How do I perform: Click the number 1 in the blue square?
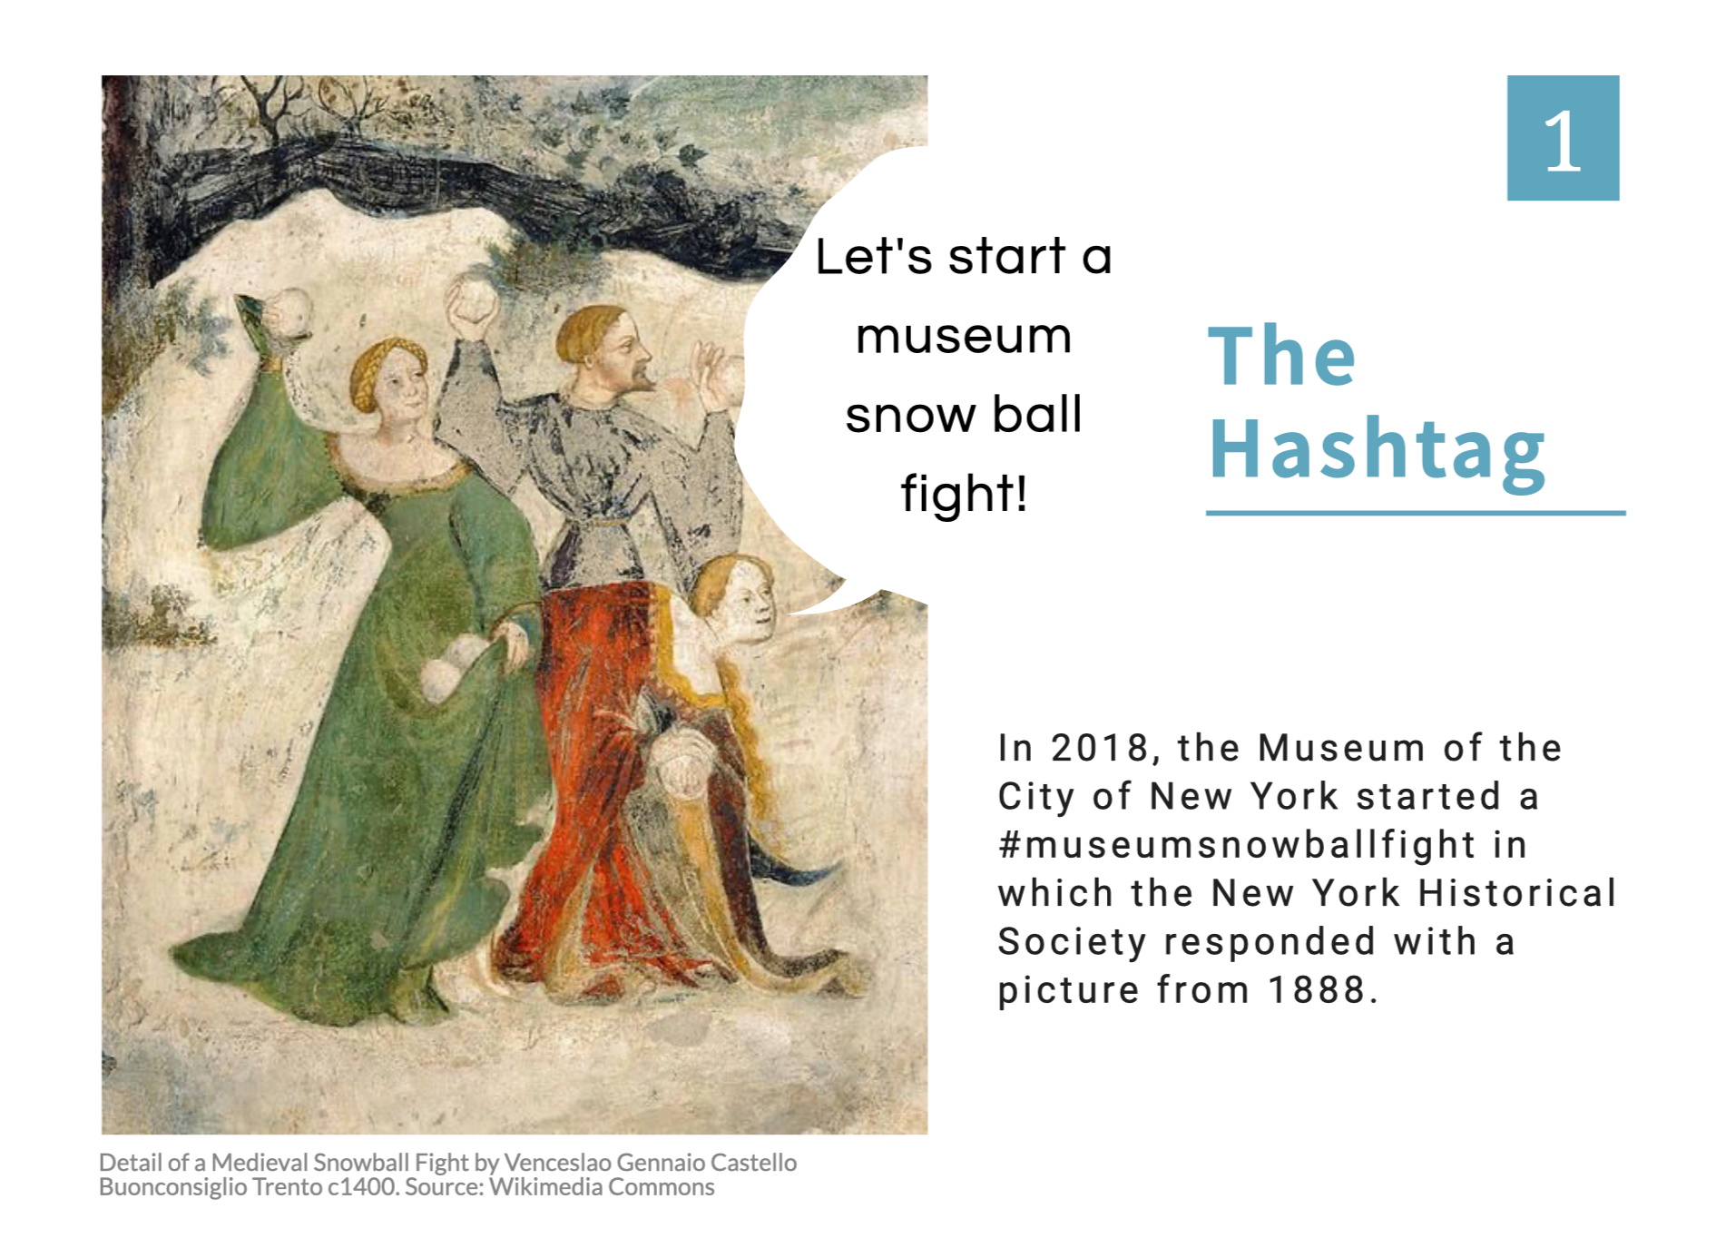[x=1563, y=140]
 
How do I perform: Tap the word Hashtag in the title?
[x=1378, y=450]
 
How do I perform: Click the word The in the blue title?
[x=1282, y=356]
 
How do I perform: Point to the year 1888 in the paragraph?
[x=1318, y=989]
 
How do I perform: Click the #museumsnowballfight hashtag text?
[x=1237, y=845]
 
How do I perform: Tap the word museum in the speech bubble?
[x=964, y=337]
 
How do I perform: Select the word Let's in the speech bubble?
[x=874, y=256]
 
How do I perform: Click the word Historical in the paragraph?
[x=1517, y=893]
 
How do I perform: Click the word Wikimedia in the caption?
[x=545, y=1186]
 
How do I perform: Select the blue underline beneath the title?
[x=1416, y=514]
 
